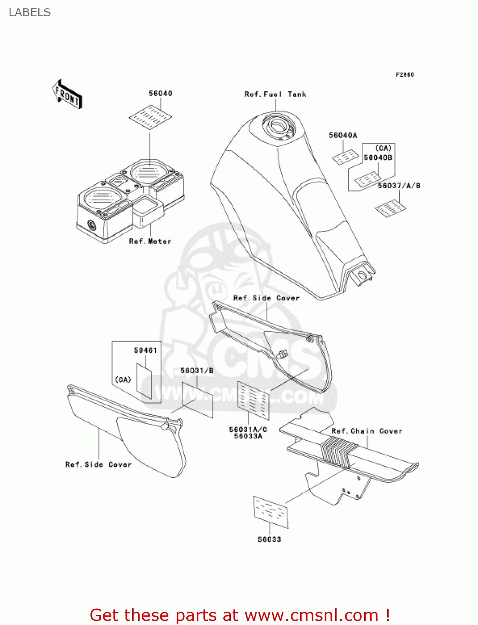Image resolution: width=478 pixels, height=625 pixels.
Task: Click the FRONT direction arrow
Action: [67, 95]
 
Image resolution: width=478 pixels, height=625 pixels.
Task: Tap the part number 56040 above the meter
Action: [160, 93]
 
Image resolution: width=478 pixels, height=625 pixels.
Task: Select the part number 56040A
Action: [343, 135]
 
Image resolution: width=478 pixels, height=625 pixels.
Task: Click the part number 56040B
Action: [378, 157]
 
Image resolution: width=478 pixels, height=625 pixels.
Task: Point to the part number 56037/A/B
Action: [399, 185]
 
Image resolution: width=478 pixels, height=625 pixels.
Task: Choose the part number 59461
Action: [145, 350]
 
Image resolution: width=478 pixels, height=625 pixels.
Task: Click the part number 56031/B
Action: [197, 370]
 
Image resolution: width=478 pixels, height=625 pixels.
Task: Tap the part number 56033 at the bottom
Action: [269, 539]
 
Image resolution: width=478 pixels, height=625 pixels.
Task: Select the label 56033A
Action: [248, 436]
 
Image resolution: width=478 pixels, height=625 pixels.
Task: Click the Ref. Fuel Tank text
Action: [275, 95]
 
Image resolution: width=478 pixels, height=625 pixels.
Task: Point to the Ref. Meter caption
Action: [150, 241]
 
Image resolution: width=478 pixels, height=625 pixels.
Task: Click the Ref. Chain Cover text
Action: [367, 431]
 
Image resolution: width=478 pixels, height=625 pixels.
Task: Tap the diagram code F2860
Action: [405, 75]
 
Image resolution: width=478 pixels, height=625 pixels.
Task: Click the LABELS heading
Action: [30, 12]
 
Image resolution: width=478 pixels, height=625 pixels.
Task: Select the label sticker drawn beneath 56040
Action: [150, 117]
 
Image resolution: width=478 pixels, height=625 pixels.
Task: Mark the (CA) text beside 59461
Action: [123, 380]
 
